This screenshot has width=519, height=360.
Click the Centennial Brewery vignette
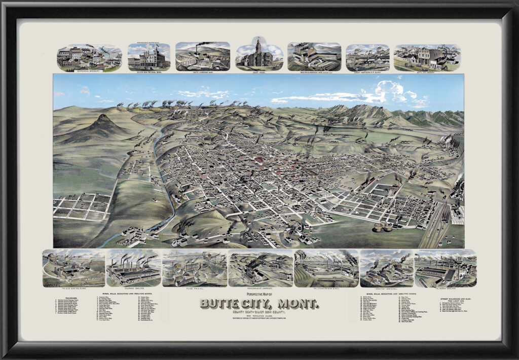(89, 57)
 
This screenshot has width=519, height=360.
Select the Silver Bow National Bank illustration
(149, 57)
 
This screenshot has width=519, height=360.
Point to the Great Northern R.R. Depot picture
(367, 57)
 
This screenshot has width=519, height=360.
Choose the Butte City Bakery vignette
(427, 57)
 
